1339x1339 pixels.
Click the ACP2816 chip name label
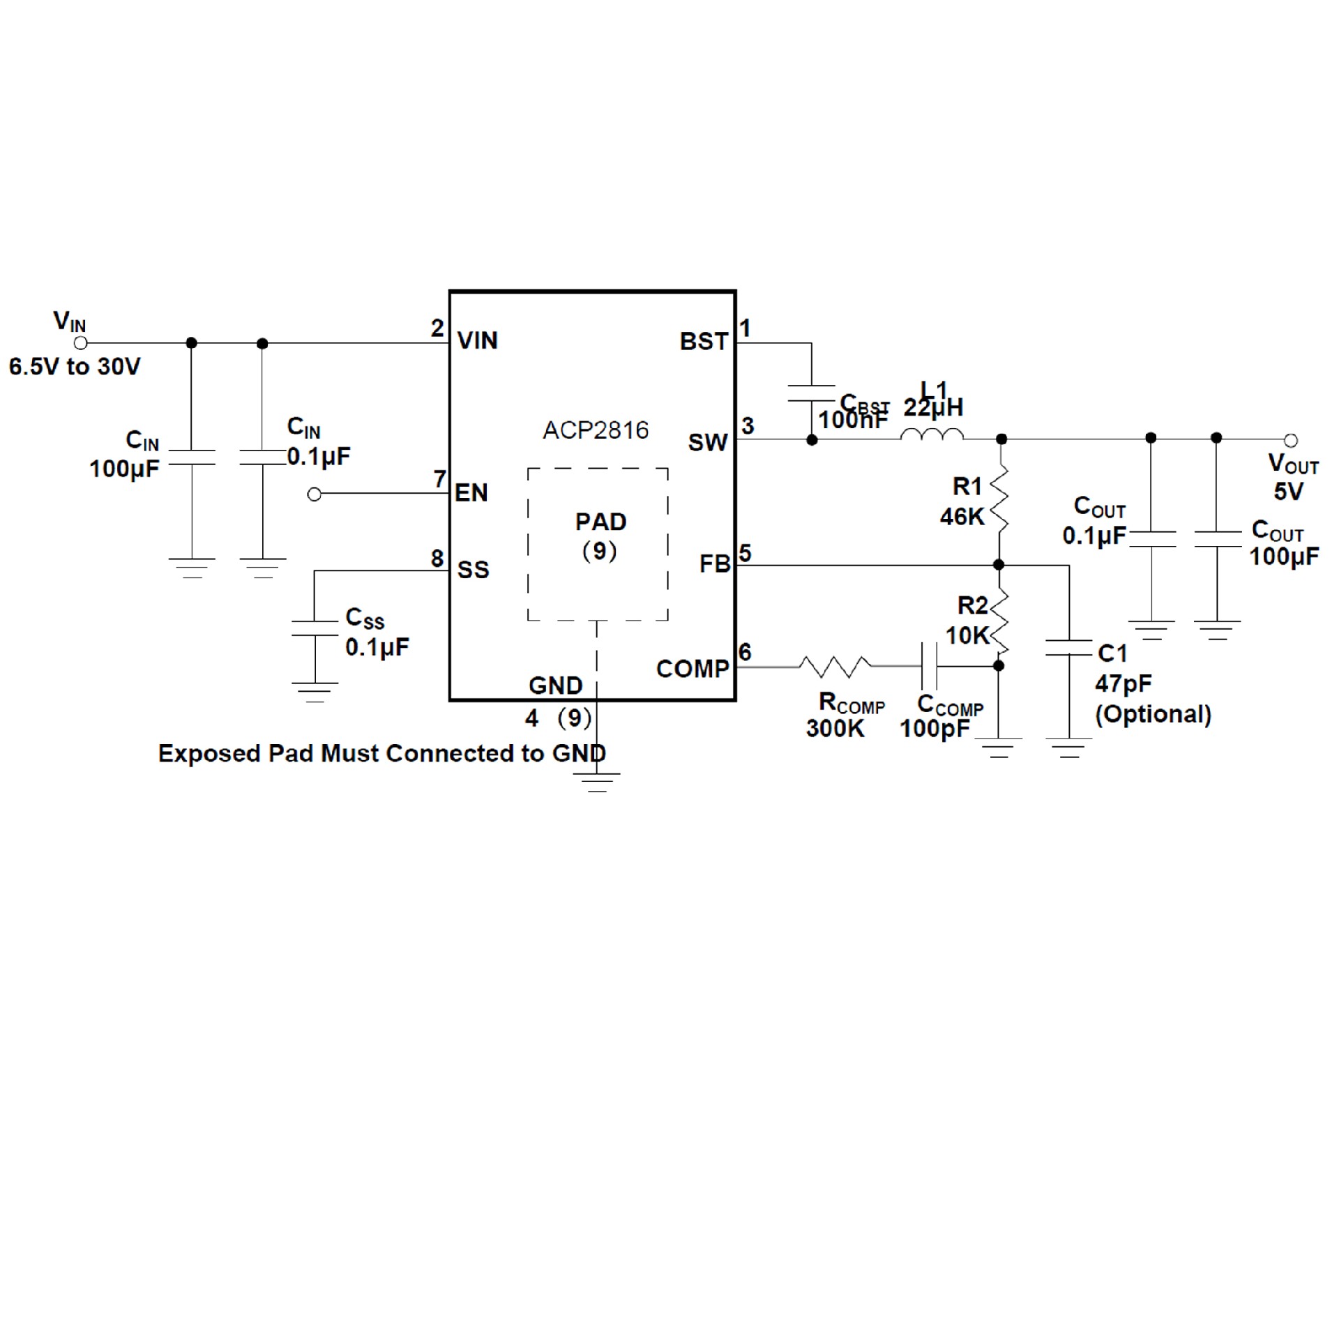(x=596, y=430)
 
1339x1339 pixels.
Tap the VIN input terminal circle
(x=81, y=343)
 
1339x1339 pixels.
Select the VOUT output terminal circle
(x=1291, y=440)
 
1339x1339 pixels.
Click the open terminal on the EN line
(x=315, y=494)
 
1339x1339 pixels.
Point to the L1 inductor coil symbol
(x=932, y=435)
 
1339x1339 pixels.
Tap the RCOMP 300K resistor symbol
(x=835, y=667)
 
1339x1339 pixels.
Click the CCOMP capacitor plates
(x=929, y=666)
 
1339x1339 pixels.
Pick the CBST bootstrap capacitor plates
(x=811, y=393)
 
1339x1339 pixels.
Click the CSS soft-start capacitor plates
(x=315, y=628)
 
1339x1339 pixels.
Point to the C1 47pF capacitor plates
(x=1068, y=648)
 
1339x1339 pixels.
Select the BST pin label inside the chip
(x=704, y=342)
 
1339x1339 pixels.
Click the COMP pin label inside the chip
(x=692, y=669)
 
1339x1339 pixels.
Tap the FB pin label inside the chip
(x=714, y=563)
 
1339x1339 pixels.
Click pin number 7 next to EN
(x=439, y=479)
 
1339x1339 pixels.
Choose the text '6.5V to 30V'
(x=75, y=367)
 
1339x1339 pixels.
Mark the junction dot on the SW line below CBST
(x=812, y=440)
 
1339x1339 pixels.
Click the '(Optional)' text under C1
(x=1153, y=714)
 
